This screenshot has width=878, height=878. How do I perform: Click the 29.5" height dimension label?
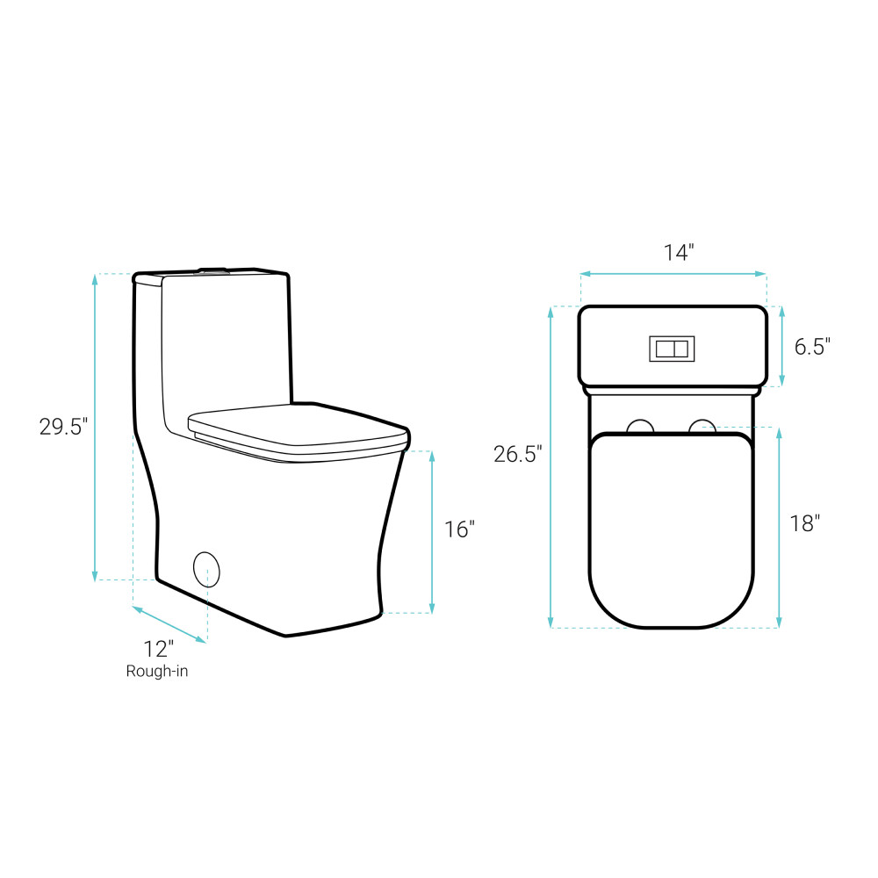(x=63, y=427)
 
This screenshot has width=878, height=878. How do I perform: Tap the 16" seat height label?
(x=459, y=529)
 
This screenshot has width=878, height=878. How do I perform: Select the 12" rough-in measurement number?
(x=158, y=649)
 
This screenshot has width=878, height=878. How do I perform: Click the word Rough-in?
(x=157, y=672)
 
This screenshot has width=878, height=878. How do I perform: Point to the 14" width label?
(x=679, y=253)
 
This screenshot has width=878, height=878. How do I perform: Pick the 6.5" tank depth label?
(x=812, y=347)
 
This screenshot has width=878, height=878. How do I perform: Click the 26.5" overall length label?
(x=517, y=454)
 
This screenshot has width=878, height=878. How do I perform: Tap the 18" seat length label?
(x=804, y=523)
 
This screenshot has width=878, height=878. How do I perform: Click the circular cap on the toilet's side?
(x=206, y=569)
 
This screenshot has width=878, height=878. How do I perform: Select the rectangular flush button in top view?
(x=672, y=349)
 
